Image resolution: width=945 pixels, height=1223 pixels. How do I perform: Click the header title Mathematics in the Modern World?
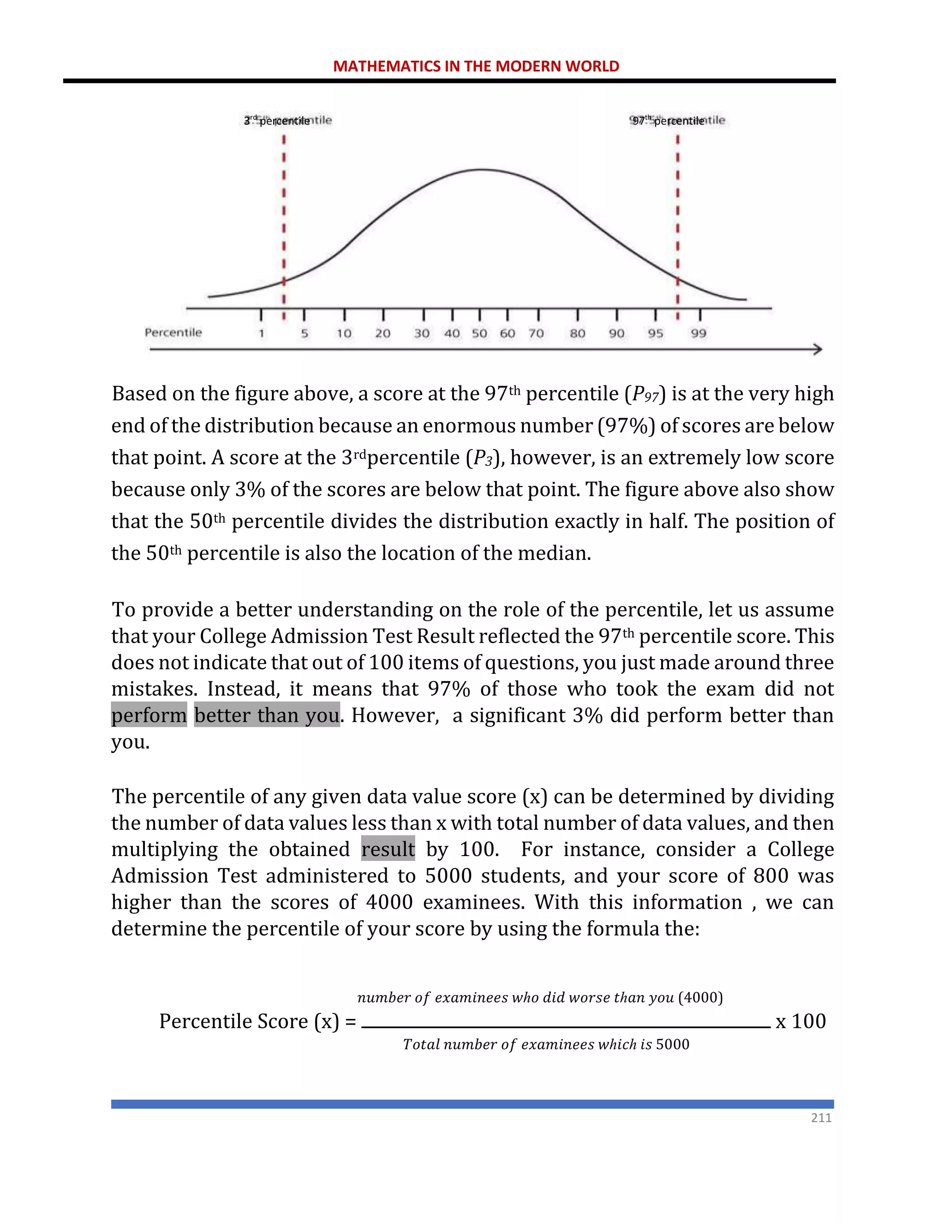pyautogui.click(x=476, y=66)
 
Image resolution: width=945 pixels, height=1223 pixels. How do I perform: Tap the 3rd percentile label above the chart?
pyautogui.click(x=277, y=120)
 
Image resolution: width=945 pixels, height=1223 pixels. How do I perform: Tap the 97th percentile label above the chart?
pyautogui.click(x=668, y=120)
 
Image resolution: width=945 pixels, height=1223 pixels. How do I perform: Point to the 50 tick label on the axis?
pyautogui.click(x=479, y=334)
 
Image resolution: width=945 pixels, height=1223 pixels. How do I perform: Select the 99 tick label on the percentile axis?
pyautogui.click(x=698, y=334)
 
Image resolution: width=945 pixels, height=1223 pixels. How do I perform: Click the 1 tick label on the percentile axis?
pyautogui.click(x=261, y=334)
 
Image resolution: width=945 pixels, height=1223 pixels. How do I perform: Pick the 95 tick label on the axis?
pyautogui.click(x=656, y=334)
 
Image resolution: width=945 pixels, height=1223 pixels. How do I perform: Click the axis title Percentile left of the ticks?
pyautogui.click(x=173, y=333)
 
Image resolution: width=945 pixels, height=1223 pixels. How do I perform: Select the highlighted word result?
pyautogui.click(x=388, y=850)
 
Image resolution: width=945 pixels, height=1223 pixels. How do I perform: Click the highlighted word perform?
pyautogui.click(x=149, y=716)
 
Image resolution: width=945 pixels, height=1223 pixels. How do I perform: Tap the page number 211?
pyautogui.click(x=821, y=1118)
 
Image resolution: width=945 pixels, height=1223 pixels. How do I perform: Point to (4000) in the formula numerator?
pyautogui.click(x=700, y=997)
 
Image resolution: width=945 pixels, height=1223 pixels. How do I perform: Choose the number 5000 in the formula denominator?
pyautogui.click(x=672, y=1044)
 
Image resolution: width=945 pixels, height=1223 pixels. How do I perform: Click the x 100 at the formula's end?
pyautogui.click(x=801, y=1021)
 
